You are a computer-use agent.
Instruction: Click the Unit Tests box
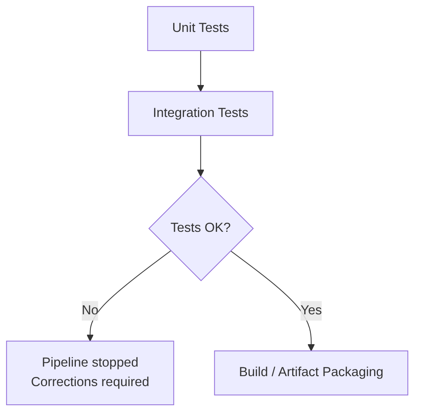(x=201, y=28)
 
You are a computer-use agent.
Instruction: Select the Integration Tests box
(x=201, y=113)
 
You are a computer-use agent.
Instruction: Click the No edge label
(x=90, y=310)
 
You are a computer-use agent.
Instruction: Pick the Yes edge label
(x=311, y=310)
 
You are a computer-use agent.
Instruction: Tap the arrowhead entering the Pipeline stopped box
(x=90, y=338)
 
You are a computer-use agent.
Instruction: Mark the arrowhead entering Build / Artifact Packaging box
(x=311, y=348)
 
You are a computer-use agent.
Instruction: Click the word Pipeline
(x=65, y=362)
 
